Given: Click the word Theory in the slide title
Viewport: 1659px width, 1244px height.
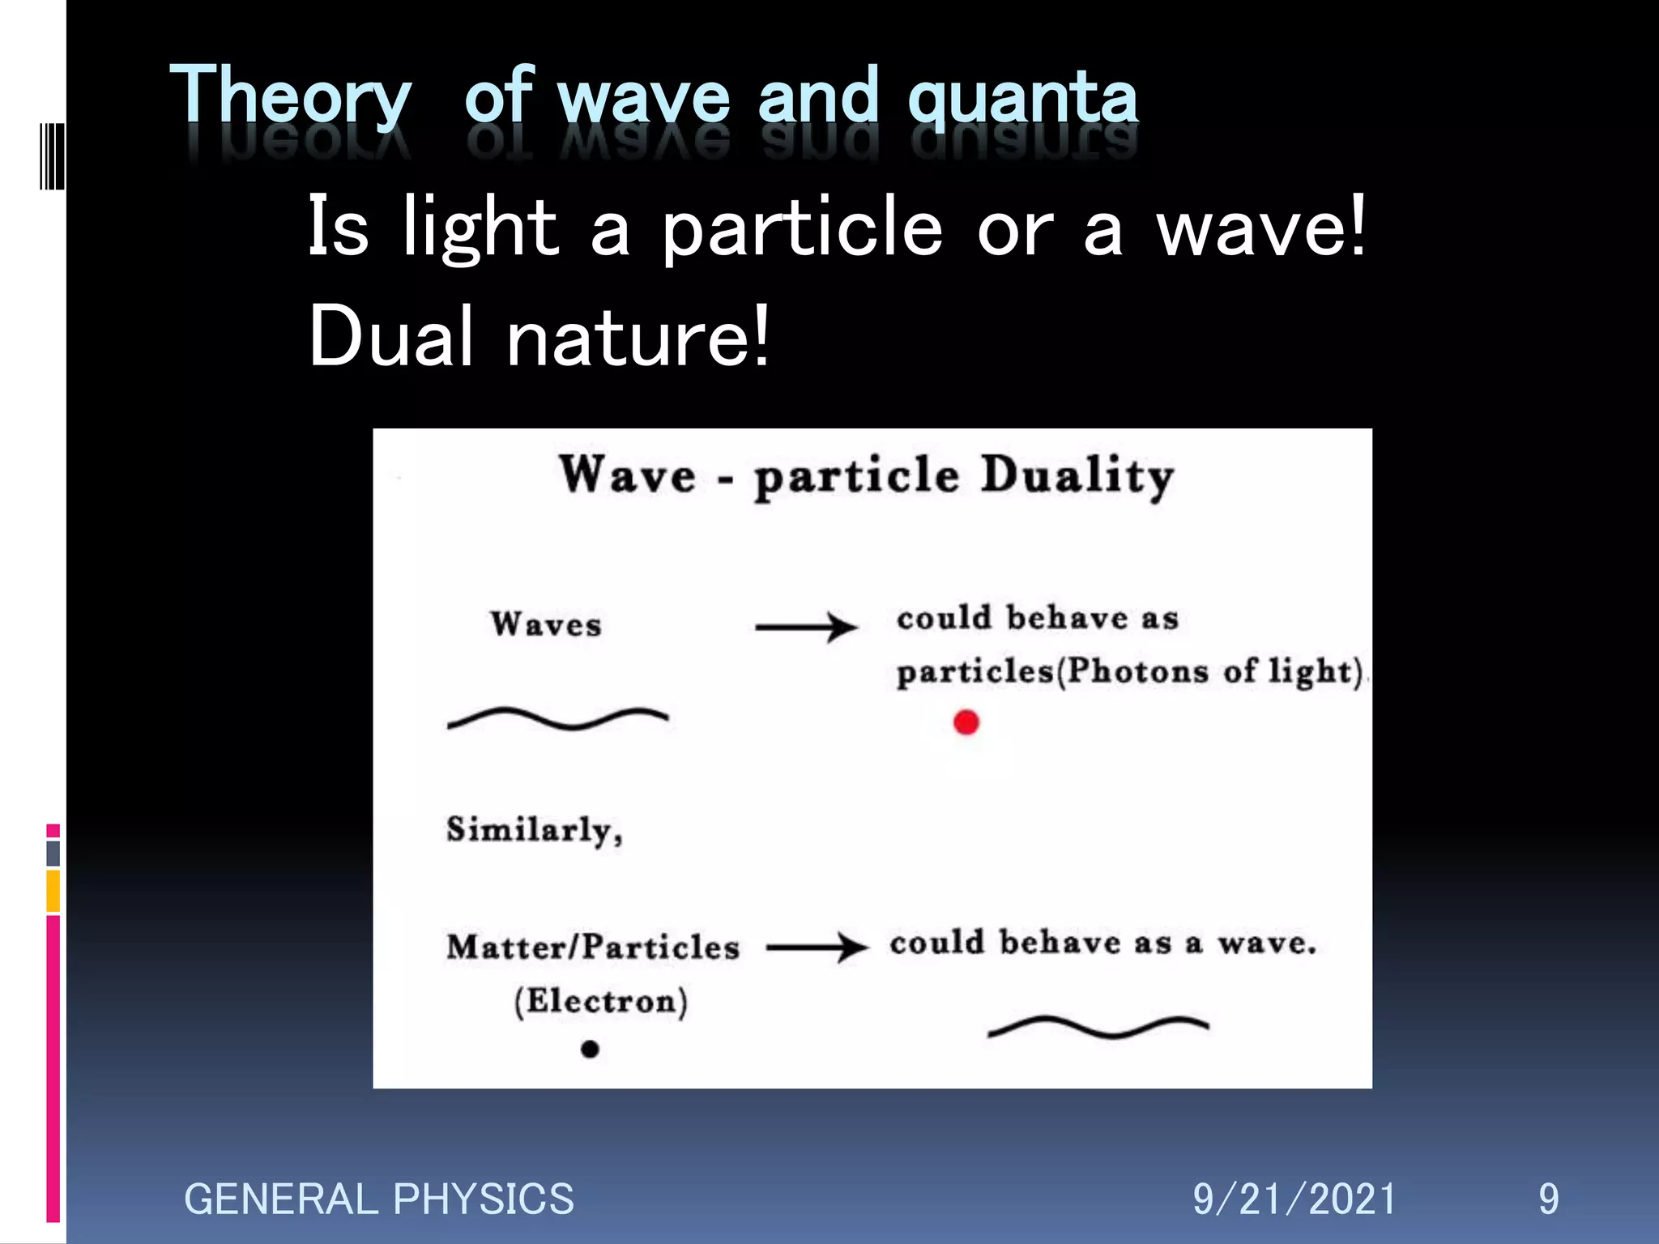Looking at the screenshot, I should point(290,97).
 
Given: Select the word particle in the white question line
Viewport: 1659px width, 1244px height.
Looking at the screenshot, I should point(802,228).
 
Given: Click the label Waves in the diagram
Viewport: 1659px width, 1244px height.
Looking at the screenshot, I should point(546,624).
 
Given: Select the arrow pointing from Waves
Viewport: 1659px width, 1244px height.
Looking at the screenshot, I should point(805,627).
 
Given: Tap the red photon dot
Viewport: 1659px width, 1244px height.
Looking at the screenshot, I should point(966,722).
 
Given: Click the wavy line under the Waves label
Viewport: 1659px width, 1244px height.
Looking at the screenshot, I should point(557,718).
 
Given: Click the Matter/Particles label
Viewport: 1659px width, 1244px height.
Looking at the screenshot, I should point(593,947).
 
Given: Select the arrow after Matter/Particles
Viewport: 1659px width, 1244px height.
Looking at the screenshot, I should point(817,947).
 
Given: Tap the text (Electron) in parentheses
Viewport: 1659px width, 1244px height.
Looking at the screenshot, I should point(601,1001).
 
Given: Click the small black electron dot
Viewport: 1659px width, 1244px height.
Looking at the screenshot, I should point(590,1050).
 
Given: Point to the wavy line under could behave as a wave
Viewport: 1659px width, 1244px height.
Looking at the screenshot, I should point(1098,1027).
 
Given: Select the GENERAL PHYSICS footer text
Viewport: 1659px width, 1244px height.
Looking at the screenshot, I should point(378,1199).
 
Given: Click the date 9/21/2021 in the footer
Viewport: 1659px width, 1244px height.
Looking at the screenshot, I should point(1294,1199).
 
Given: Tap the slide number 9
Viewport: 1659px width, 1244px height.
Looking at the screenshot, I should point(1548,1199).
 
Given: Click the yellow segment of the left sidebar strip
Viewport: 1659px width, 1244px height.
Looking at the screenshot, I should point(53,891).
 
